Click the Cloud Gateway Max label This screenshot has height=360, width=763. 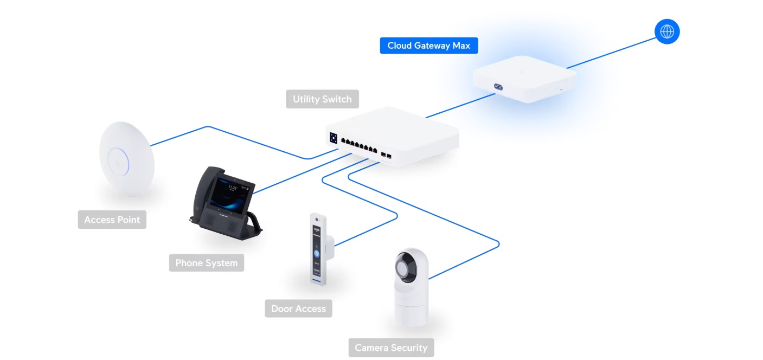coord(429,46)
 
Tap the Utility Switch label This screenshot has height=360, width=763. coord(322,99)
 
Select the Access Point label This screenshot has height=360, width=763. coord(112,220)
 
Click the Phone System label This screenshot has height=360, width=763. coord(207,263)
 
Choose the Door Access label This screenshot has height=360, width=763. coord(298,308)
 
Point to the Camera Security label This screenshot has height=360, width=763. coord(391,348)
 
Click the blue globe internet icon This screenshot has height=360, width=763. coord(667,31)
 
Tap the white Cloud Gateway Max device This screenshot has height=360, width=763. coord(524,79)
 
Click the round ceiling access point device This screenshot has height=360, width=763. coord(126,159)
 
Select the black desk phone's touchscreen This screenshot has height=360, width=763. coord(232,195)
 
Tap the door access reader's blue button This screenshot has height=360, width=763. coord(317,254)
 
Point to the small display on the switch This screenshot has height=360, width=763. coord(334,138)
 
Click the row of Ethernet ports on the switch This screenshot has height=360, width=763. coord(359,145)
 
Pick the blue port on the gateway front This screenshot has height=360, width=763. coord(498,87)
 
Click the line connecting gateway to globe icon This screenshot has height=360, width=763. coord(611,53)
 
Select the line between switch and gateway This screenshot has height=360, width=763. coord(460,106)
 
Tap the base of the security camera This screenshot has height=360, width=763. coord(411,312)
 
